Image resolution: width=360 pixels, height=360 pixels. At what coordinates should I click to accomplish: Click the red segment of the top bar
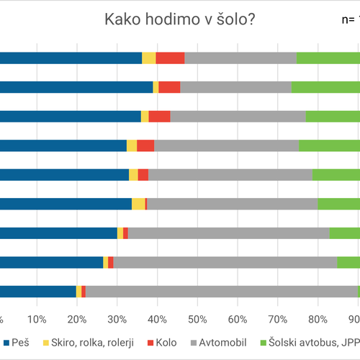tap(170, 58)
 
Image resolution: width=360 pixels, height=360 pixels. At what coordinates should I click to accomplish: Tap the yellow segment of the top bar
tap(148, 58)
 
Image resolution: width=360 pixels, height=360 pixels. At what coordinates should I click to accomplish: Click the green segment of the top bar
tap(328, 58)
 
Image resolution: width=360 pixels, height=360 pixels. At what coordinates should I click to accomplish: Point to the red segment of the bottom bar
tap(84, 291)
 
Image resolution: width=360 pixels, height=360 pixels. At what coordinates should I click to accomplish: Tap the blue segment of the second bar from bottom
tap(51, 262)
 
